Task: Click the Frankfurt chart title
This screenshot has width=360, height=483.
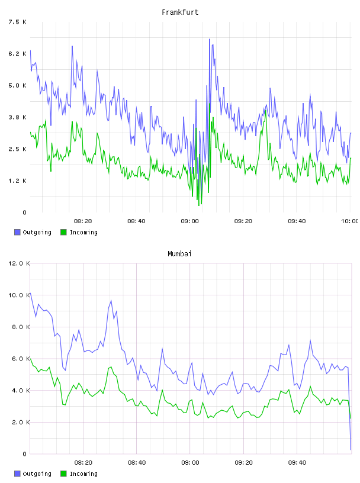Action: (180, 12)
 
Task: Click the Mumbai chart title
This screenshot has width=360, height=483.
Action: (179, 254)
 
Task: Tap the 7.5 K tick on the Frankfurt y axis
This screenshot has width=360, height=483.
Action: (17, 22)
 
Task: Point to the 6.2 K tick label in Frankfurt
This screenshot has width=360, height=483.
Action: (17, 54)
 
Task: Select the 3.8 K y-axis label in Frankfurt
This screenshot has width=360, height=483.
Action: (17, 117)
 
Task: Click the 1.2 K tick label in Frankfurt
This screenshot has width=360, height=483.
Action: (17, 181)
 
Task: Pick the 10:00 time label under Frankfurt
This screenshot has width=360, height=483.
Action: (349, 221)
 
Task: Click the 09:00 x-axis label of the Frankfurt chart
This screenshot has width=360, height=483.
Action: (189, 221)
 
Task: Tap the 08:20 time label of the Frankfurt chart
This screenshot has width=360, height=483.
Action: (83, 221)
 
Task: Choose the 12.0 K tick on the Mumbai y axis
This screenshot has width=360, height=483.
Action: (19, 263)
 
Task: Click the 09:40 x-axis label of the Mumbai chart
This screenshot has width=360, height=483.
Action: (297, 462)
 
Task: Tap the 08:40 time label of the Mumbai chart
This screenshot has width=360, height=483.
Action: (137, 462)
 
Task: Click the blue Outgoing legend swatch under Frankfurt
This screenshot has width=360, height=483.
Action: (17, 232)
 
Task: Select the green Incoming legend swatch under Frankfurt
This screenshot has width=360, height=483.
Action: (63, 232)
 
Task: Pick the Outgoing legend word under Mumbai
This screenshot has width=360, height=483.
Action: (37, 474)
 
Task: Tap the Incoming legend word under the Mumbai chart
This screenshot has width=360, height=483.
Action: (83, 474)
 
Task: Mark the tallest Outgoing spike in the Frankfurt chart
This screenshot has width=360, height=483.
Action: (210, 40)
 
